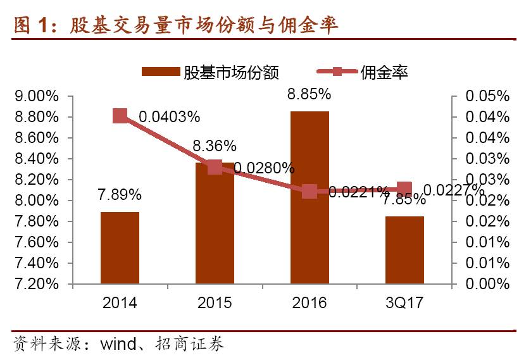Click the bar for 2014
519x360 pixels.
tap(120, 247)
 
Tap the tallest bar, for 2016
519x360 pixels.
tap(310, 197)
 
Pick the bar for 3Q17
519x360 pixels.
tap(404, 250)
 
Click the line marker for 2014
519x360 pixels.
tap(120, 115)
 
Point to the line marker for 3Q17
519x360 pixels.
tap(404, 189)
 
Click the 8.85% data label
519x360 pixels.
tap(309, 94)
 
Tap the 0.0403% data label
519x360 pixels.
tap(170, 116)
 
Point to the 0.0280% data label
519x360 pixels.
tap(264, 168)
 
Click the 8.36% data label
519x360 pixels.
tap(215, 146)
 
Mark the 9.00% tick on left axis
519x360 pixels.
tap(36, 96)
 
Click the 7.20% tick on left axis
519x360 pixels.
tap(36, 284)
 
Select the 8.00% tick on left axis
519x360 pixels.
tap(36, 201)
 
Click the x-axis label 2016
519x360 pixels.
tap(310, 303)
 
